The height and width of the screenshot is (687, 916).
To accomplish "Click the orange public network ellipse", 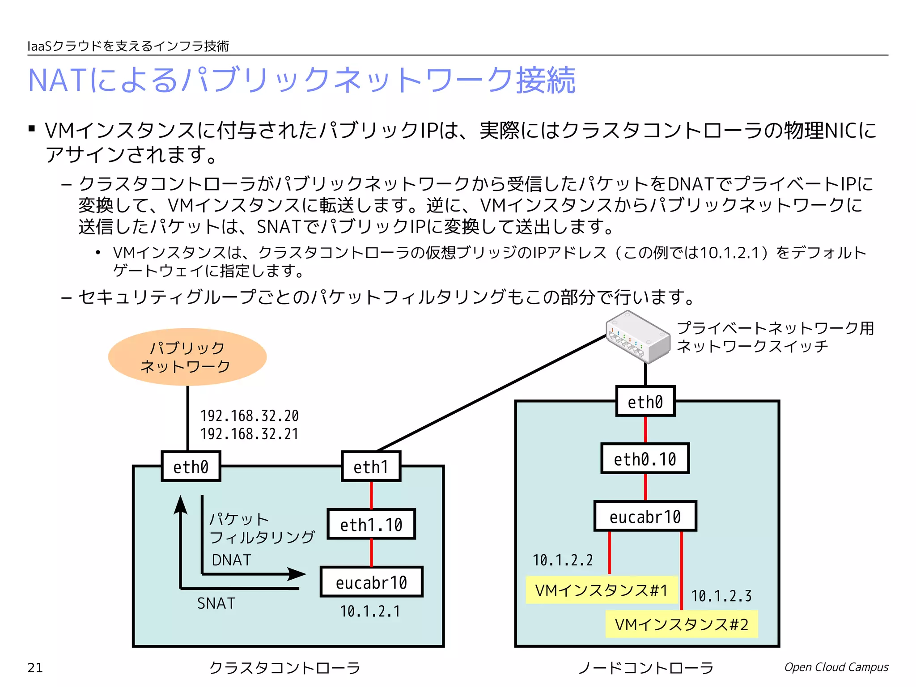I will coord(187,357).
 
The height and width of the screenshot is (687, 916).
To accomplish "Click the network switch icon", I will coord(638,337).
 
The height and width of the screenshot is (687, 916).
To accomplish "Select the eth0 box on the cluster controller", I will coord(191,466).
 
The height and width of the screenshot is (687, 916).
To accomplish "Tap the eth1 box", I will coord(371,466).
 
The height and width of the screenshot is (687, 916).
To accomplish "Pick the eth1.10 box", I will coord(371,524).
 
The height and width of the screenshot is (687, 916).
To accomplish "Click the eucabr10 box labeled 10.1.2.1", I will coord(371,582).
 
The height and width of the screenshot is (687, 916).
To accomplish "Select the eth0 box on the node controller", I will coord(645,402).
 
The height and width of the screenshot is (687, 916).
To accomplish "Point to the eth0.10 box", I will coord(645,459).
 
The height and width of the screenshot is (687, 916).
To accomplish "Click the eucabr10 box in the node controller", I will coord(645,517).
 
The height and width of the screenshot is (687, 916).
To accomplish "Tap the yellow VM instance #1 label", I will coord(601,590).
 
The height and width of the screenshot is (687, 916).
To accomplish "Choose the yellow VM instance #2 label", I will coord(681,624).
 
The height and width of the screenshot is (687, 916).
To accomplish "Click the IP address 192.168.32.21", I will coord(249,434).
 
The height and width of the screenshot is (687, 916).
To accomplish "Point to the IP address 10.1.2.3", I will coord(721,596).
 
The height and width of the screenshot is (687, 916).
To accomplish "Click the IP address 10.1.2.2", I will coord(562,560).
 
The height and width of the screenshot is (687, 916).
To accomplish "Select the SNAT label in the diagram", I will coord(216,603).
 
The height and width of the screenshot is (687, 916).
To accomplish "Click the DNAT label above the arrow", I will coord(231,560).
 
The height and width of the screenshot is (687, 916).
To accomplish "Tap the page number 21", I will coord(35,668).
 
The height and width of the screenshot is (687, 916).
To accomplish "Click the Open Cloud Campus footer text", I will coord(836,667).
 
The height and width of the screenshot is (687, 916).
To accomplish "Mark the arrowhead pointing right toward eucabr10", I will coord(297,574).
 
